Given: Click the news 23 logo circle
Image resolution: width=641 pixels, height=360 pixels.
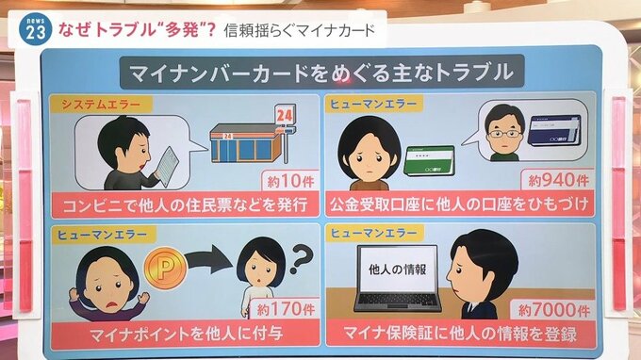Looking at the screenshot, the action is (36, 29).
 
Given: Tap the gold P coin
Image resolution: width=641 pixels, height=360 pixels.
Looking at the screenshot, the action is (165, 268).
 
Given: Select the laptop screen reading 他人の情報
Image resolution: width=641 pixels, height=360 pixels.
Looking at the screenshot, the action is (398, 270).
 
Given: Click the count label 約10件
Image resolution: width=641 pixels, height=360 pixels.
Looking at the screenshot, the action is (290, 181).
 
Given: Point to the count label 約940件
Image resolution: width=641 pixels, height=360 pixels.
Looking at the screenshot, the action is (558, 179).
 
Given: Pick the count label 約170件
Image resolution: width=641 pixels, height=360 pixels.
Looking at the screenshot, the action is (286, 309).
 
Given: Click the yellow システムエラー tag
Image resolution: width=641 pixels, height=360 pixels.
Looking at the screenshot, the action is (101, 105).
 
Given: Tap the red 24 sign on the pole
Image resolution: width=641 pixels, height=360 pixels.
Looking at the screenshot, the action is (285, 115).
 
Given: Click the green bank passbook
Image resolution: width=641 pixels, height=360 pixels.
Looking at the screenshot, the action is (429, 161).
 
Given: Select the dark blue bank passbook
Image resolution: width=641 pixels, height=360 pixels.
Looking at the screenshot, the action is (554, 130).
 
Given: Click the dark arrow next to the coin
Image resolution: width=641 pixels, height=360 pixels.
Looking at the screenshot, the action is (209, 263).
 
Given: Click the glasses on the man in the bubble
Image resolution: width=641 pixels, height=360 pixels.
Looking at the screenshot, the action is (503, 134).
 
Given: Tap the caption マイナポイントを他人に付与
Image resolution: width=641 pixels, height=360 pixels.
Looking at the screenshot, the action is (187, 334).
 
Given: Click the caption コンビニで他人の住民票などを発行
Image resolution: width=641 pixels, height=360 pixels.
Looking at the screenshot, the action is (185, 204).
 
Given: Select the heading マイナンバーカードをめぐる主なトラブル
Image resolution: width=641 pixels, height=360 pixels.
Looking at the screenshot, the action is (321, 73).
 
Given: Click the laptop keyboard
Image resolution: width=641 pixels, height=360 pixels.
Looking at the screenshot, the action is (398, 301).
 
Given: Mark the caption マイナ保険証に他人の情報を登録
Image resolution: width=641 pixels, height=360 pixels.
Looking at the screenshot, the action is (460, 334).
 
